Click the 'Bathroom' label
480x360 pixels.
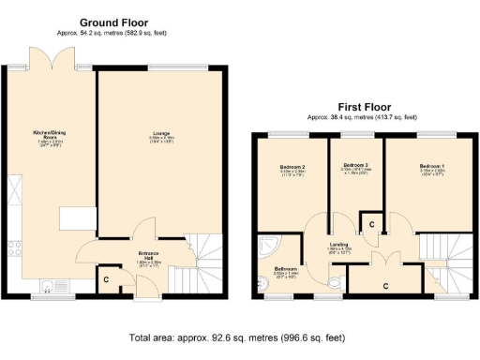tap(286, 268)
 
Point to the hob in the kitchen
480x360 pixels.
tap(14, 248)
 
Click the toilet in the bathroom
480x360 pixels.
tap(334, 281)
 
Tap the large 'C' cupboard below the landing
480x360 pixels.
tap(385, 279)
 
